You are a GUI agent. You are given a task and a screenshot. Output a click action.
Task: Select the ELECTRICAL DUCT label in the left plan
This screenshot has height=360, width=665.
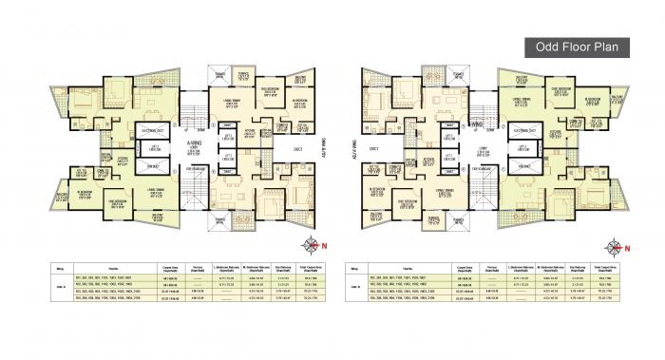pos(149,131)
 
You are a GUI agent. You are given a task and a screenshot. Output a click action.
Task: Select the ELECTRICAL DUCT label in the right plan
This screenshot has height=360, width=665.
pos(520,131)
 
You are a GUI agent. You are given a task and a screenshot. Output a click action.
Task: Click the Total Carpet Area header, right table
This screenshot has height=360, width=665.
pos(630,269)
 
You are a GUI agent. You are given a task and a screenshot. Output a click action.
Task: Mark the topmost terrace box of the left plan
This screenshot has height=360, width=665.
pos(223,74)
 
